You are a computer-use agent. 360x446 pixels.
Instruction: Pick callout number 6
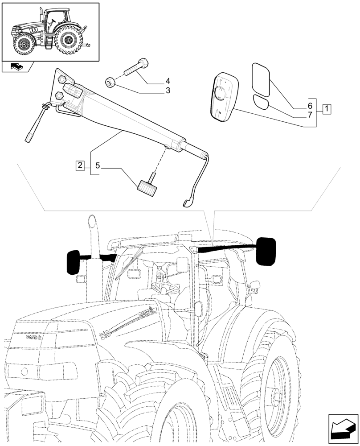click(x=309, y=107)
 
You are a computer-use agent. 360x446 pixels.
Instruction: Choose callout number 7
click(x=309, y=116)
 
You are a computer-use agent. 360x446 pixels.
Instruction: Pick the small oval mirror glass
click(x=261, y=102)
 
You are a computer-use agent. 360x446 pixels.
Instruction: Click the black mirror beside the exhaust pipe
click(x=73, y=262)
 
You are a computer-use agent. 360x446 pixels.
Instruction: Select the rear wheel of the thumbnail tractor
click(x=68, y=41)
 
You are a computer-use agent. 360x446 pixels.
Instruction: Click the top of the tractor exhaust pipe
click(x=92, y=221)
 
